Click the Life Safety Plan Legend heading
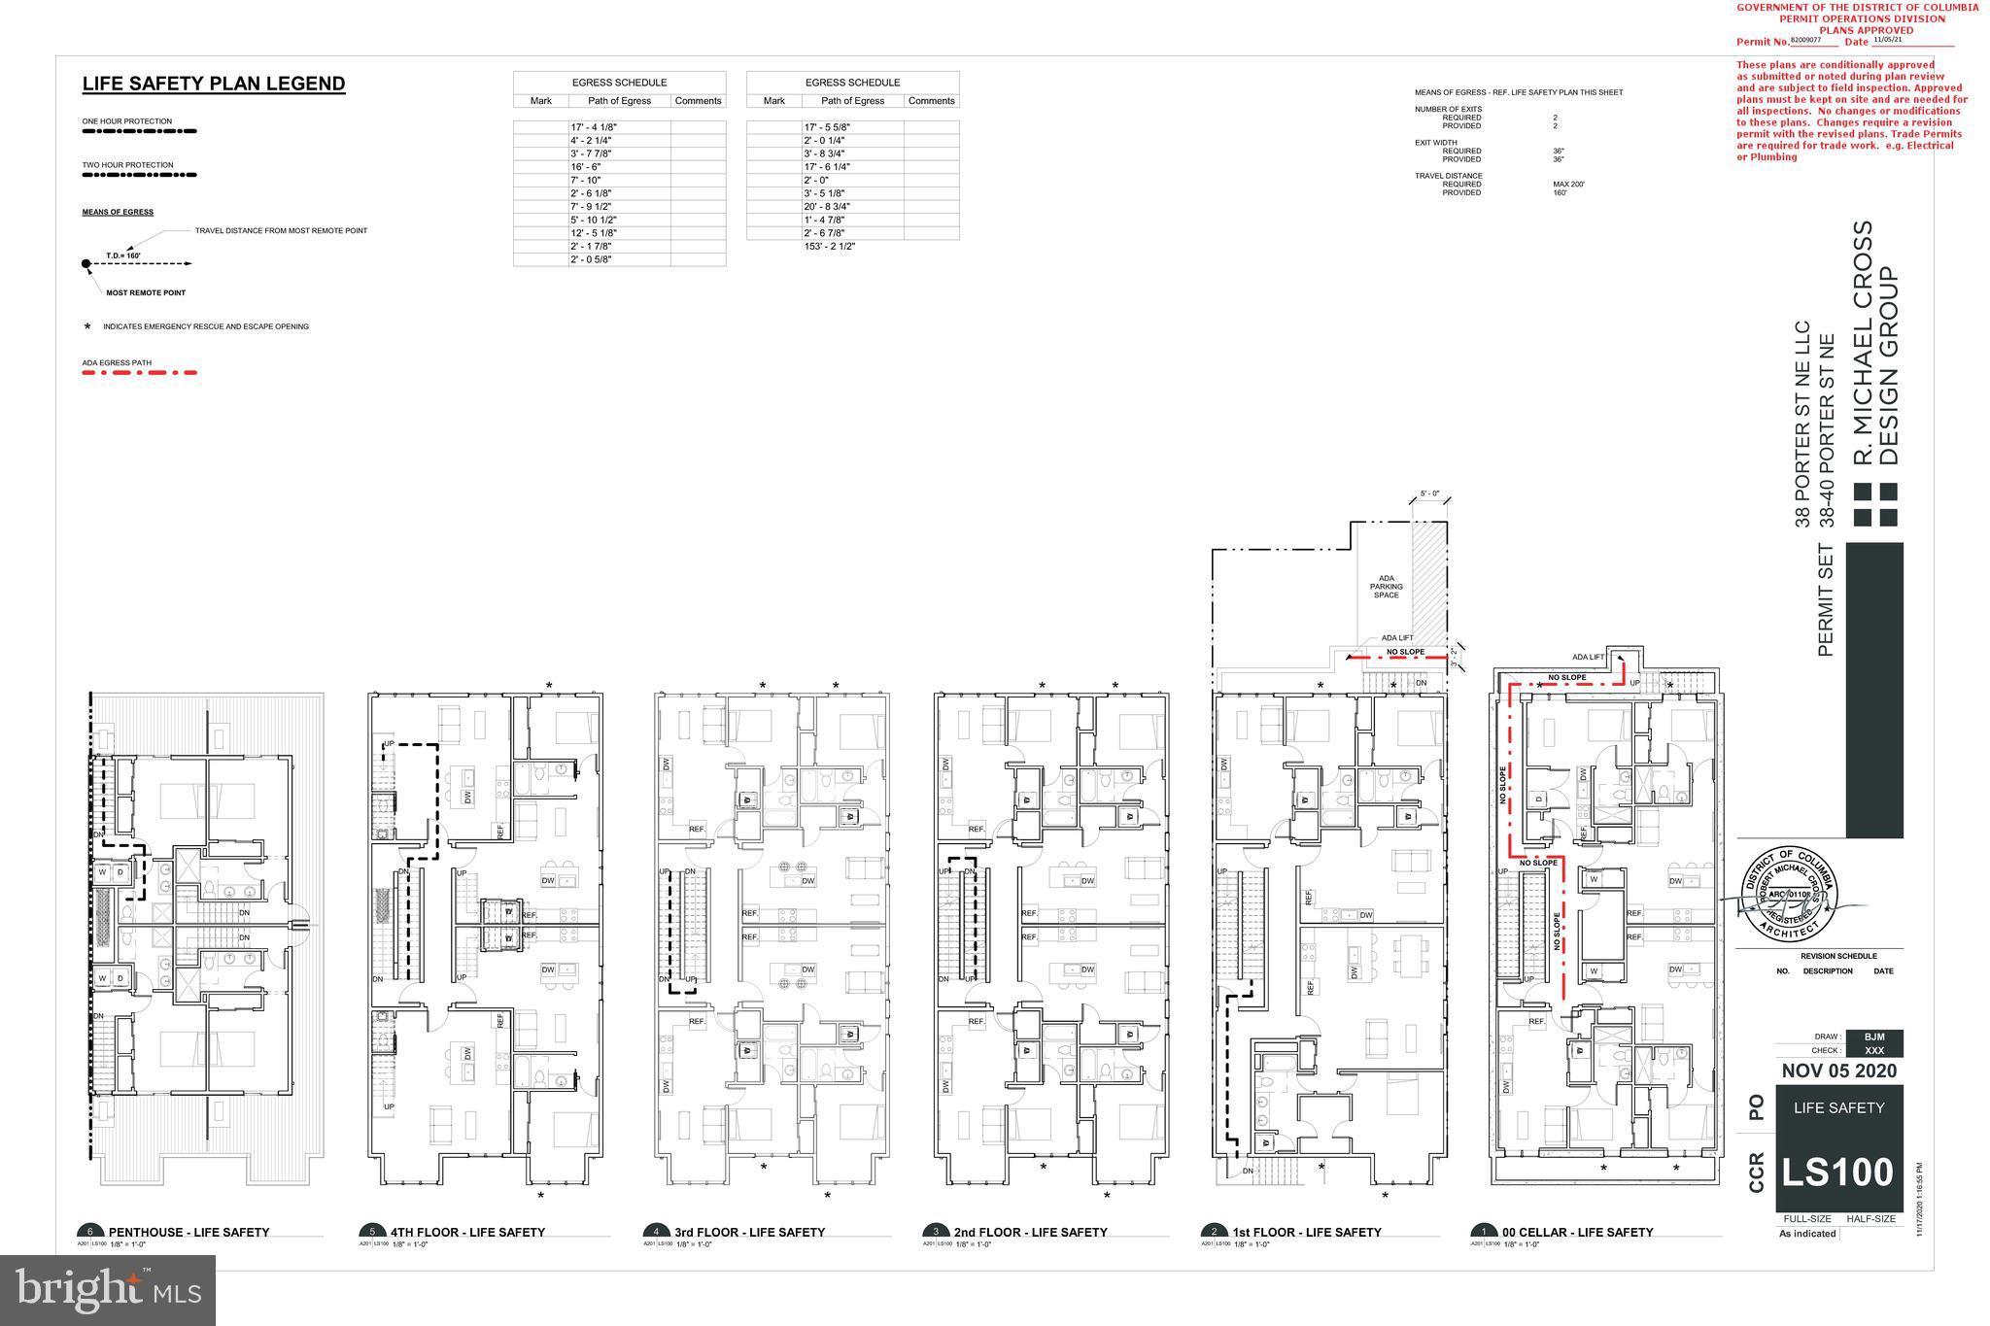click(213, 85)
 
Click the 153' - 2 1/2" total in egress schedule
click(829, 247)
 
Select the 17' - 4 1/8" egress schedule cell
click(593, 127)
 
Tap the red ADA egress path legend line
click(139, 373)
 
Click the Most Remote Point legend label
click(146, 292)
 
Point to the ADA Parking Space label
click(1386, 587)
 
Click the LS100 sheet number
click(1837, 1173)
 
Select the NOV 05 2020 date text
click(1838, 1071)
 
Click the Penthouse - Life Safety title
click(189, 1232)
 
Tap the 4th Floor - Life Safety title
click(467, 1232)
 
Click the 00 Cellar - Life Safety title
click(1577, 1232)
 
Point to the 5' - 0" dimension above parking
click(1429, 493)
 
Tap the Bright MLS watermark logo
click(108, 1290)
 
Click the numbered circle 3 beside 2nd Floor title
click(936, 1232)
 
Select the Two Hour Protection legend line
click(139, 177)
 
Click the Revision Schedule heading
click(1838, 956)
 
